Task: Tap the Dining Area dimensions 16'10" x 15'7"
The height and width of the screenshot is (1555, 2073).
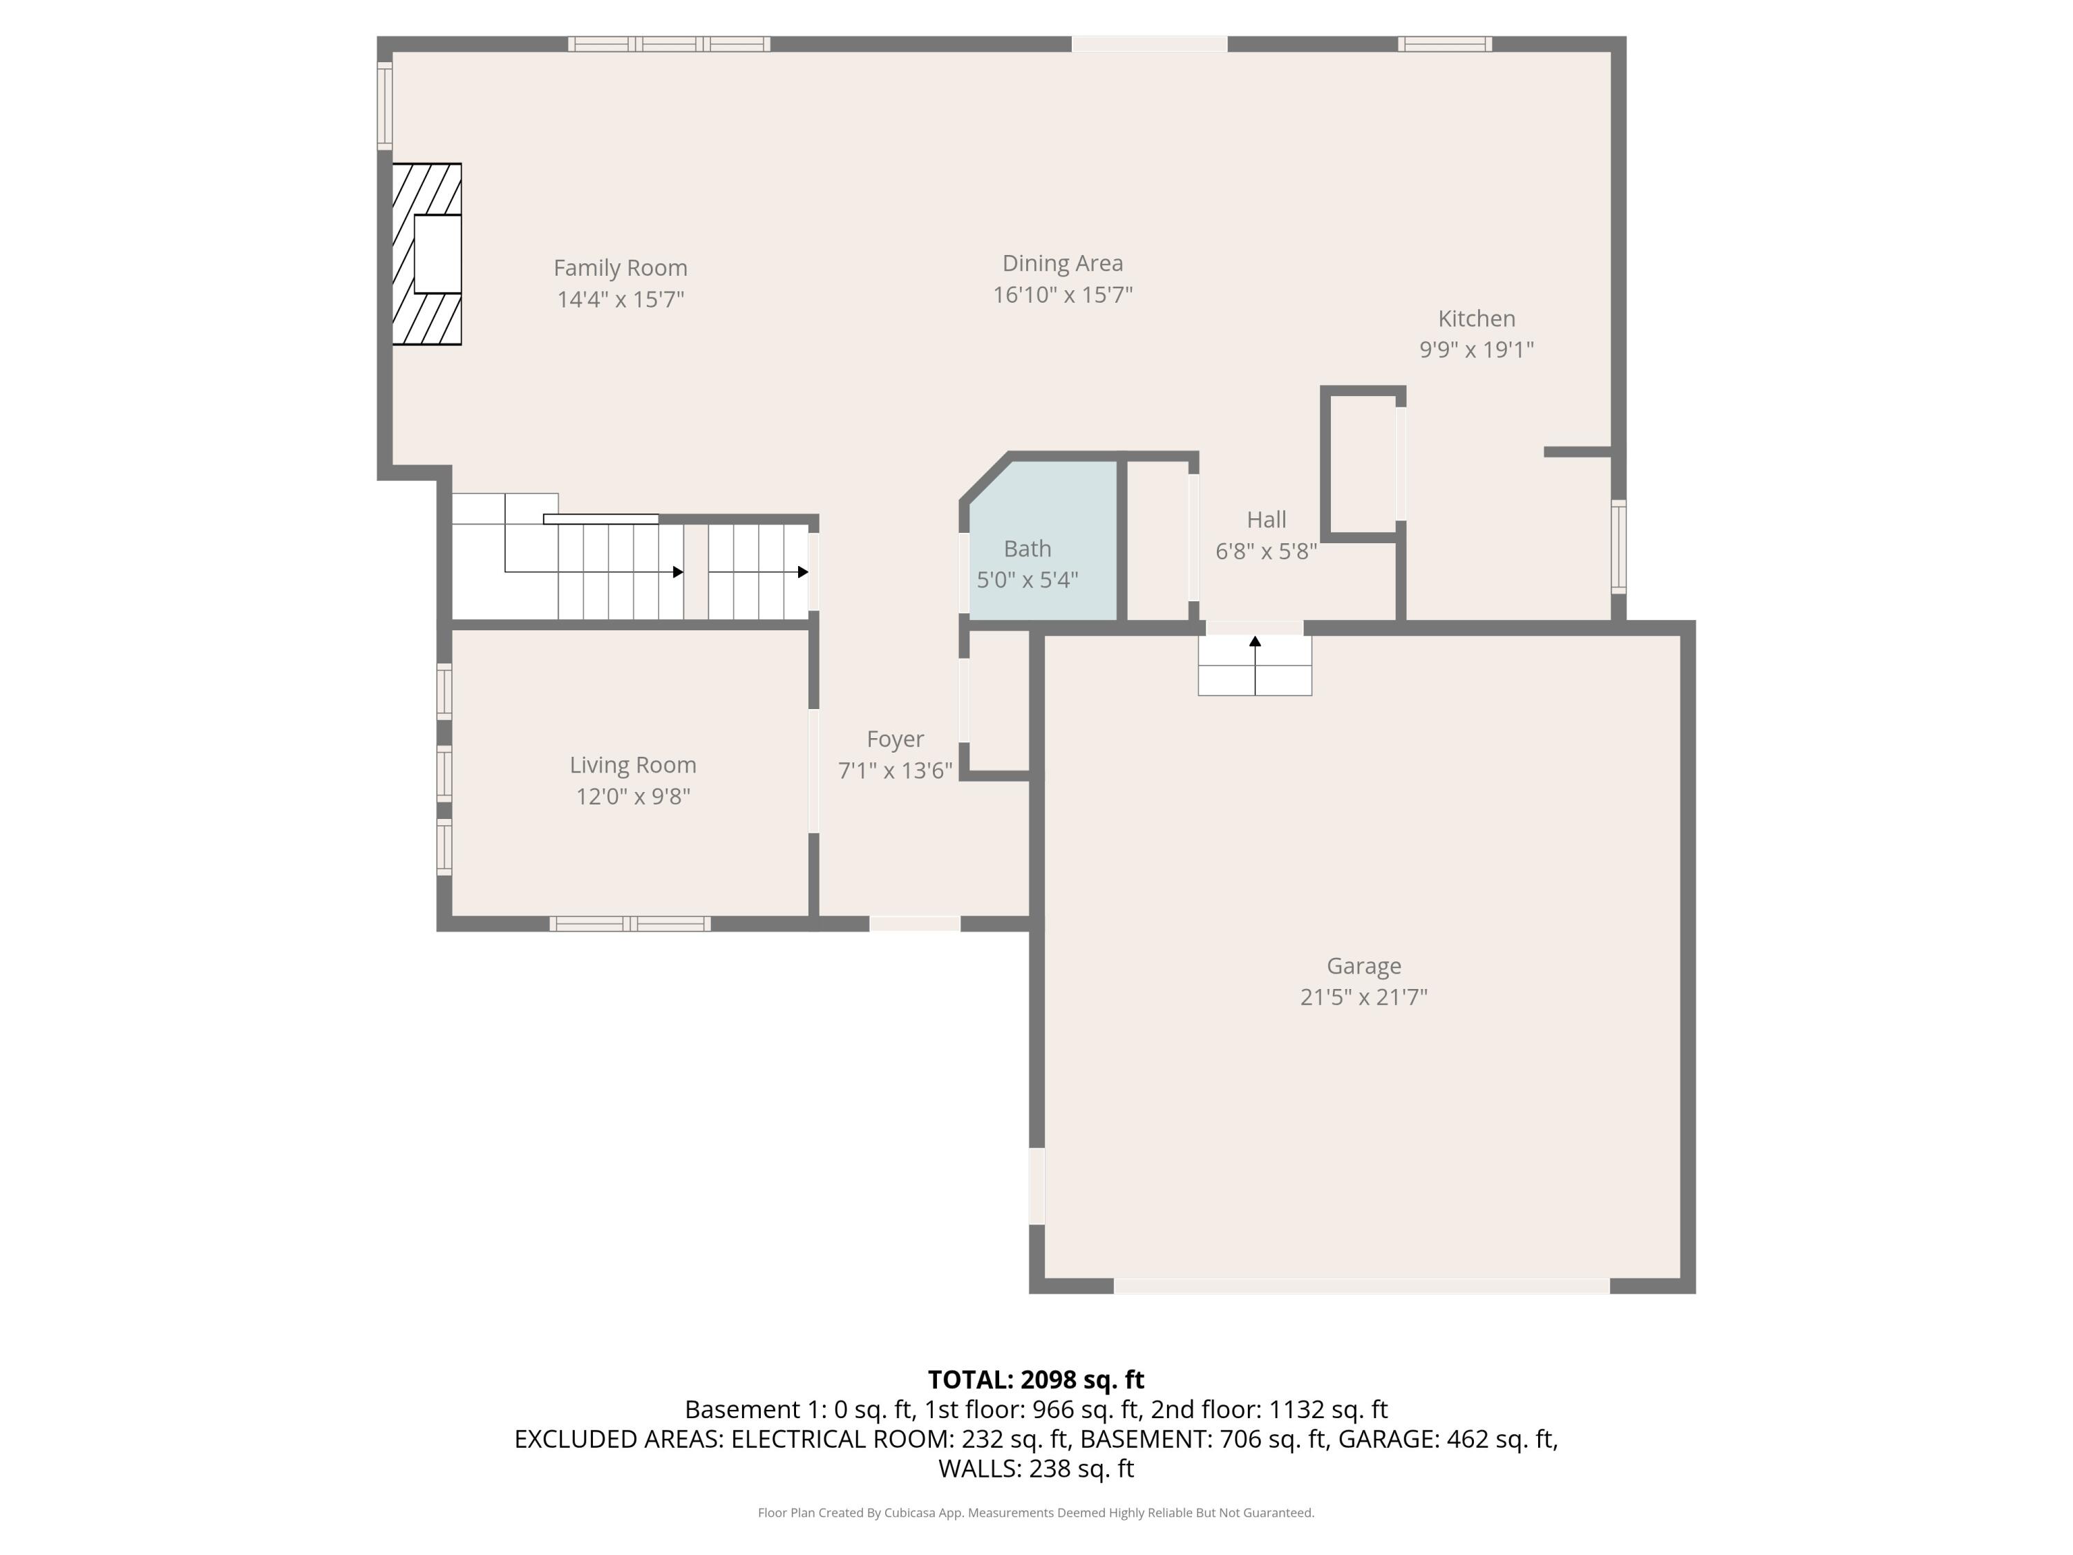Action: [x=1062, y=295]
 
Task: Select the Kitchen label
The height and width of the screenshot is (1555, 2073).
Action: [x=1476, y=319]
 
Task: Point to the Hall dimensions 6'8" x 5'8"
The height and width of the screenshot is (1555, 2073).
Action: [x=1265, y=551]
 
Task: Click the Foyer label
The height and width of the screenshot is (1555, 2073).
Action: [x=894, y=739]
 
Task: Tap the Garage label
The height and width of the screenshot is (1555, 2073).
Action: [x=1363, y=965]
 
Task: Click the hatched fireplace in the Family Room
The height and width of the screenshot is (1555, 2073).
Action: [x=426, y=254]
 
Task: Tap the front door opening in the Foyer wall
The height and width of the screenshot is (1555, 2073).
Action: [x=915, y=923]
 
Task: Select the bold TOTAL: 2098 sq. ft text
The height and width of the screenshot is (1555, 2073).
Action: [x=1036, y=1379]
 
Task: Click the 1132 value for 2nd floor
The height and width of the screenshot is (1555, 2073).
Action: [x=1297, y=1410]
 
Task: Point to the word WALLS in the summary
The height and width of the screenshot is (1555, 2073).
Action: [x=978, y=1469]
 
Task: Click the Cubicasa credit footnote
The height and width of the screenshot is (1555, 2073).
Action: [x=1036, y=1513]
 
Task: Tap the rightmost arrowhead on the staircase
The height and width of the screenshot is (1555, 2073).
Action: [x=803, y=572]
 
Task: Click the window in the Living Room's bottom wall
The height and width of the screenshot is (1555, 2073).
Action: [x=630, y=924]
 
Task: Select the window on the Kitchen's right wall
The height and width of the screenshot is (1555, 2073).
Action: [x=1618, y=547]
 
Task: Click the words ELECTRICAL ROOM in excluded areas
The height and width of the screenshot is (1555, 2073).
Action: [x=842, y=1440]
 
